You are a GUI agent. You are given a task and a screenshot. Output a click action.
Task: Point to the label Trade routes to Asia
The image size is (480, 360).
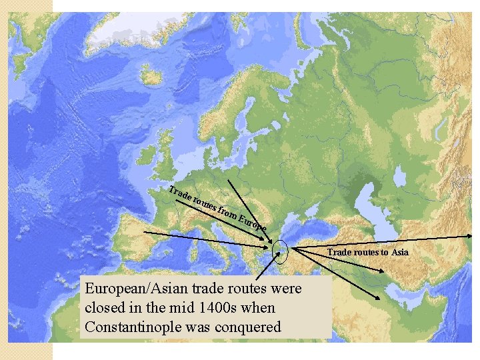(367, 252)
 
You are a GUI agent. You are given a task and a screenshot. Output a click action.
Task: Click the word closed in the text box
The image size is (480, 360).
(105, 309)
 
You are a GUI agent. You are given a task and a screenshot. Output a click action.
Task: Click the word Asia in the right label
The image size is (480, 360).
(400, 252)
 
